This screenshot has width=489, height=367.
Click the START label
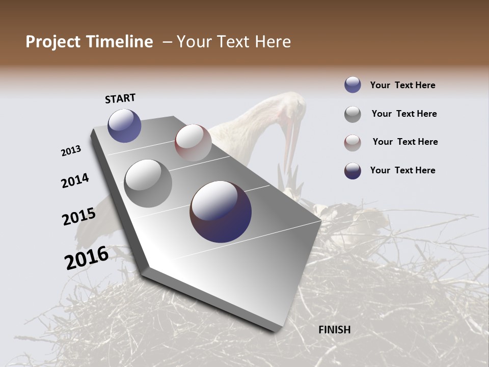point(120,98)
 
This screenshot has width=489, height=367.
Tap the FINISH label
point(334,330)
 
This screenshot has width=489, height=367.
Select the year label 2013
point(71,151)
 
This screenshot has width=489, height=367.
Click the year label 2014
point(75,181)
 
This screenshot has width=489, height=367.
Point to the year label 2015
point(79,217)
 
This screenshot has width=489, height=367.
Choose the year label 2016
point(87,258)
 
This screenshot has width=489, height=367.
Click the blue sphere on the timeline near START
point(124,125)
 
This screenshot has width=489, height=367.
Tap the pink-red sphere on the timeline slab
point(193,143)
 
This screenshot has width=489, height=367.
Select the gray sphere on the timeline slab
point(148,183)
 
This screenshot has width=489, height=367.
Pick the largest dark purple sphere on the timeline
point(221,212)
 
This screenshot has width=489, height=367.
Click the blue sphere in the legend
point(352,85)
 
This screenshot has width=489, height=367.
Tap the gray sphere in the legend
point(352,114)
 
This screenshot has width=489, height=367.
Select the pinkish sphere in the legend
point(352,143)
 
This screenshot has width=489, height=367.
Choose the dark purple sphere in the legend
point(352,171)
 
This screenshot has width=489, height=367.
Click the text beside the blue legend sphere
point(402,86)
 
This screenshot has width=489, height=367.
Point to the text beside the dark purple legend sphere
point(402,170)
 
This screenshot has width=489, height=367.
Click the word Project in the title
point(52,42)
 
